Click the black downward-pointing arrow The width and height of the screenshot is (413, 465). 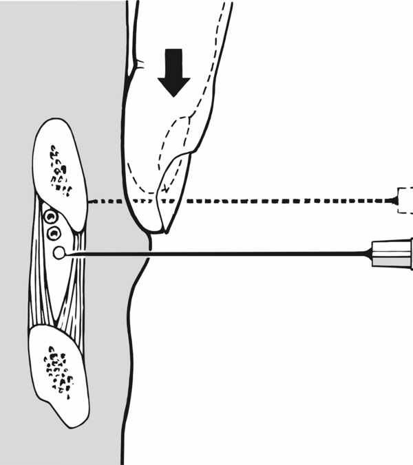pyautogui.click(x=173, y=72)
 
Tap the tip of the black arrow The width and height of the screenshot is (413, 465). pyautogui.click(x=173, y=96)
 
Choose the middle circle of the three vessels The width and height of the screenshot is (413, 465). pyautogui.click(x=53, y=234)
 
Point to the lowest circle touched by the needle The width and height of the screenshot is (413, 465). pyautogui.click(x=60, y=254)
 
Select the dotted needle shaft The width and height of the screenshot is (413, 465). pyautogui.click(x=275, y=201)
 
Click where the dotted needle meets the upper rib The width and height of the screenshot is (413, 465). pyautogui.click(x=89, y=201)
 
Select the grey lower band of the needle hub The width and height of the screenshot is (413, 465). pyautogui.click(x=392, y=259)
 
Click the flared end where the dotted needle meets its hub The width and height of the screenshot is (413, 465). pyautogui.click(x=393, y=200)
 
